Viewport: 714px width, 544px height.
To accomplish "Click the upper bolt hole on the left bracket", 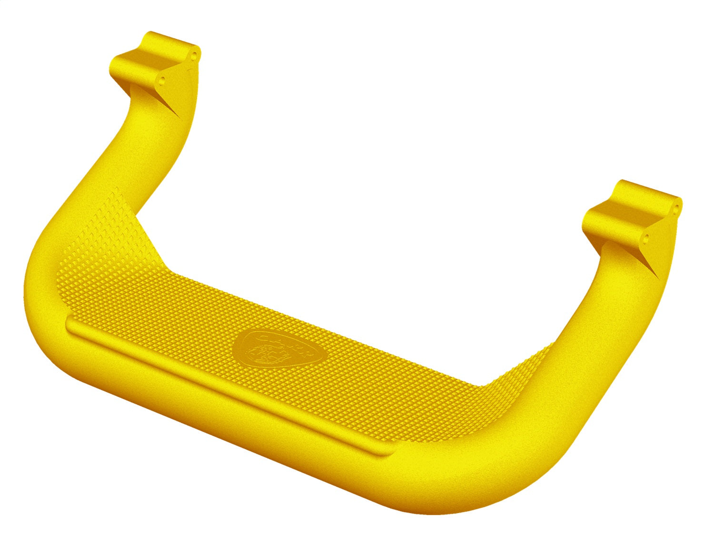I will (x=194, y=55).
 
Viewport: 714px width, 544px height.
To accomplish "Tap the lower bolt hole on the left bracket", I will (x=162, y=79).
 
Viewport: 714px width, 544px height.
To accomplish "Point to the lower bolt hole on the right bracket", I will (x=646, y=237).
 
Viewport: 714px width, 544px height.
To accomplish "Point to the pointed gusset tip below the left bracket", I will (x=179, y=116).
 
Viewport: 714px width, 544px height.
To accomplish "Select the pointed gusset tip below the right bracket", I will (x=658, y=278).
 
